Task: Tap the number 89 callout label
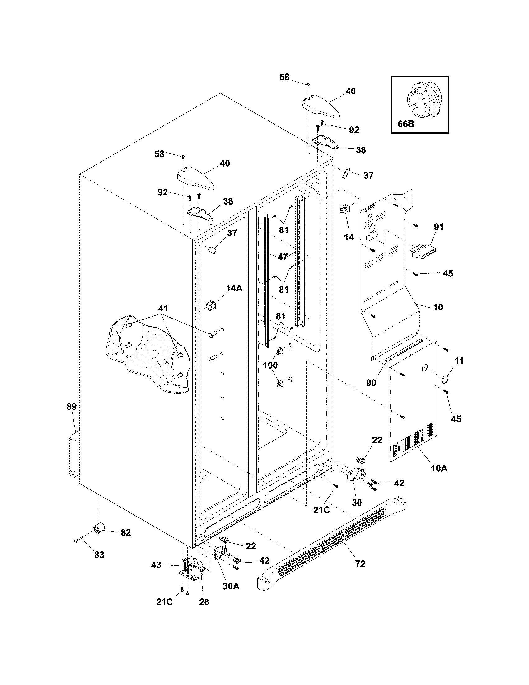click(72, 407)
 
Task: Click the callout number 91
click(438, 227)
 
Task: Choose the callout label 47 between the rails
click(282, 257)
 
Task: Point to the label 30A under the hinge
click(231, 586)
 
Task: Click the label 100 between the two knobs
click(270, 365)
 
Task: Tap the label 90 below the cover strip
click(371, 383)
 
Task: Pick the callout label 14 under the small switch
click(349, 237)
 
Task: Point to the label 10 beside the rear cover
click(438, 307)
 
